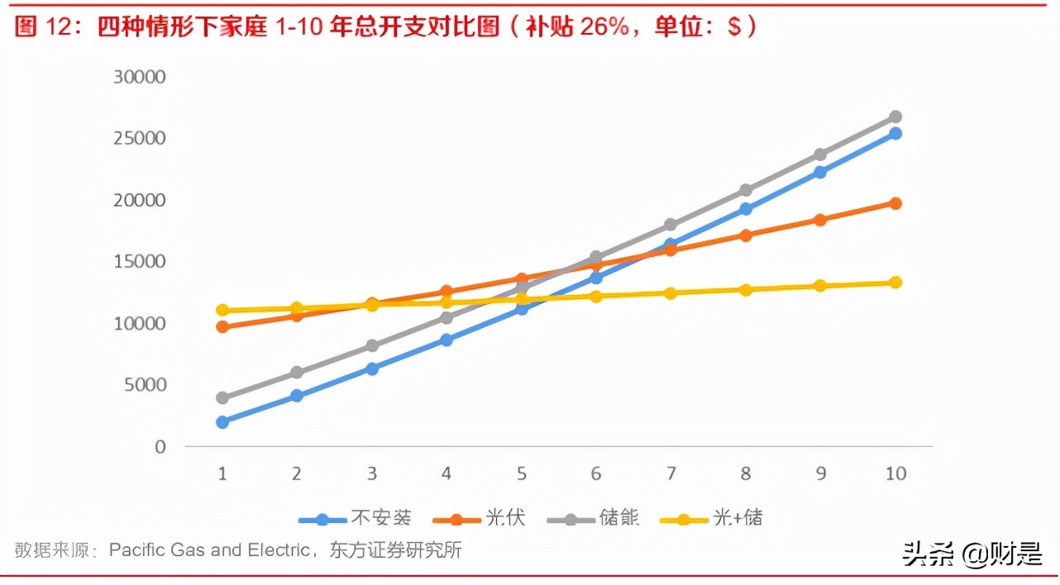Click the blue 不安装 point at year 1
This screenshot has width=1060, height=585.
(x=222, y=422)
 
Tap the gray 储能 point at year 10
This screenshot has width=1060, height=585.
(x=895, y=117)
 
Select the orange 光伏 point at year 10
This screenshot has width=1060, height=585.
(x=895, y=203)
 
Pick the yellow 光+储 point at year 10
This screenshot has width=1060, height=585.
(x=895, y=283)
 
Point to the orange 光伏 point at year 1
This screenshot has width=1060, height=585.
(x=222, y=327)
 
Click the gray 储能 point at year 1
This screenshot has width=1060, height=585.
(x=222, y=398)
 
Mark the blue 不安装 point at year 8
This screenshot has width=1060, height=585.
(x=746, y=209)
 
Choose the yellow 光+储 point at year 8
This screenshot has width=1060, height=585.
(x=746, y=290)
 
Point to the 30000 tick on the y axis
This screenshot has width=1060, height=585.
(x=140, y=77)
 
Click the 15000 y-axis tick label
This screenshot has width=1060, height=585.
(x=140, y=262)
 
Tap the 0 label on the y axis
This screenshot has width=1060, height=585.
(x=160, y=447)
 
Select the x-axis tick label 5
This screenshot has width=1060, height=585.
(x=522, y=474)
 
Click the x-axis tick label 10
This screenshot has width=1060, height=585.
(x=895, y=474)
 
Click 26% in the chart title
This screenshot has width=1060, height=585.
(x=605, y=27)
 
